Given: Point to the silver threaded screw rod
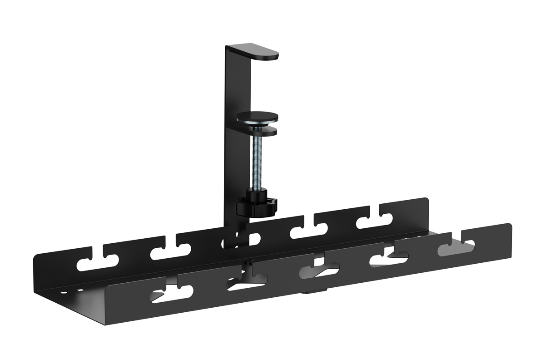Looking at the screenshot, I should [257, 159].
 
